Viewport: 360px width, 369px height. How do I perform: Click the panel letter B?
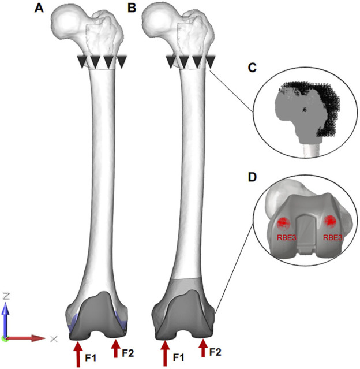point(132,8)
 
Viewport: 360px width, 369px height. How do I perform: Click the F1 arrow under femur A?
point(78,353)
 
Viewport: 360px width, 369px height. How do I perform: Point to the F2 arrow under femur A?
point(116,348)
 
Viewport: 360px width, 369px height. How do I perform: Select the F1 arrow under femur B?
point(166,353)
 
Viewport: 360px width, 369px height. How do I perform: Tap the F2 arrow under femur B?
point(203,348)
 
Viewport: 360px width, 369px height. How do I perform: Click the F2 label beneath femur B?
point(215,351)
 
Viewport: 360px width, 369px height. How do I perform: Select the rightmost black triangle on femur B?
point(211,62)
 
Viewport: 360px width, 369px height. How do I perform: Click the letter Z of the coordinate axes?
point(6,295)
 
